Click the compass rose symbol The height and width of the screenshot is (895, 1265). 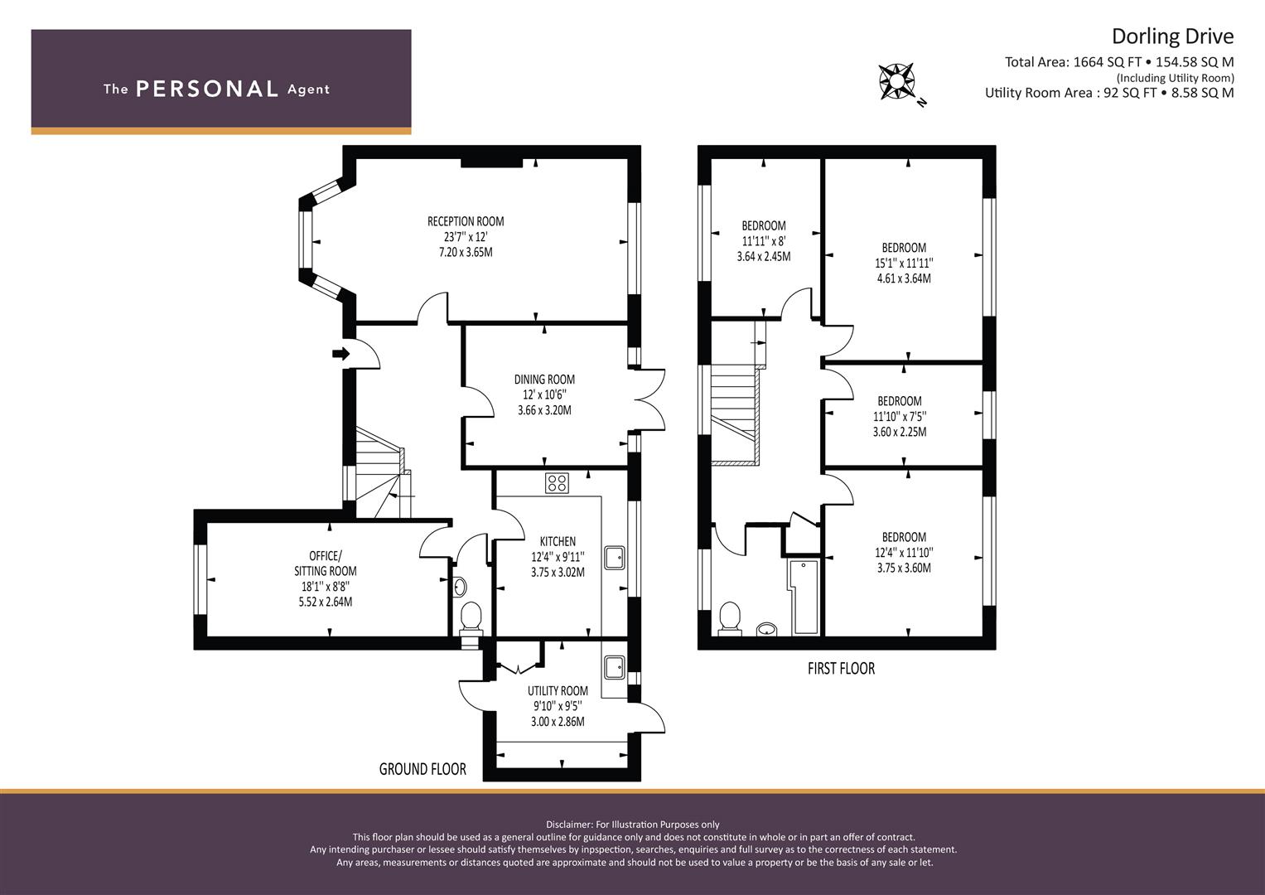897,81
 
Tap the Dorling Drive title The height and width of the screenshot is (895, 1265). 1172,36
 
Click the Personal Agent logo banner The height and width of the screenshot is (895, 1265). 221,81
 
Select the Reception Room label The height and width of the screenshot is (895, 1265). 466,221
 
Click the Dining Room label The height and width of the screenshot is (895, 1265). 544,380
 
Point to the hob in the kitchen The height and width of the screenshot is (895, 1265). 557,482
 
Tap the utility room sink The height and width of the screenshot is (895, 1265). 615,666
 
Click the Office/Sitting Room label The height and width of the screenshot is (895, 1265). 326,564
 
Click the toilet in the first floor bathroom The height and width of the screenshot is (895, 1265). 730,617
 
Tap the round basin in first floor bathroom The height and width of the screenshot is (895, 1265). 768,629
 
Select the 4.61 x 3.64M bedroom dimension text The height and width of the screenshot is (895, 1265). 904,278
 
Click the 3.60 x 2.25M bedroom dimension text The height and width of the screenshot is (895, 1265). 900,432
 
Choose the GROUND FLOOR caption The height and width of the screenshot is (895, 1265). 422,769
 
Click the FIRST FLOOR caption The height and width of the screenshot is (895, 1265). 841,668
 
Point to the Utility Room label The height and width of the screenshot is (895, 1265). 558,690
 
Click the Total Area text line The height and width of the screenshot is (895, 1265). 1119,62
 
